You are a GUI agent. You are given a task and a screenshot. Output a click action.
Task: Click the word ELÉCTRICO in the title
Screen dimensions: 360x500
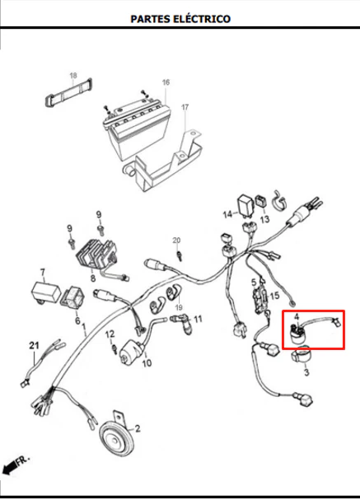[x=202, y=19]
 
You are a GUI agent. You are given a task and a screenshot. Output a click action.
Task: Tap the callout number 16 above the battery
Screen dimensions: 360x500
[x=166, y=82]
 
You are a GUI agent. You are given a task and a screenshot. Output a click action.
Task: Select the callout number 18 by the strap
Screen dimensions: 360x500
[x=73, y=75]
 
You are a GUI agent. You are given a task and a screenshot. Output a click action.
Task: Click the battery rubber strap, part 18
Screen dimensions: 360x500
[x=68, y=92]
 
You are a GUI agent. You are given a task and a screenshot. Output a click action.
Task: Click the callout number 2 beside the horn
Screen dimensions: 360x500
[x=138, y=428]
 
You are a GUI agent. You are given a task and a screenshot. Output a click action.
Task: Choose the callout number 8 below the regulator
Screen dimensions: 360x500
[x=93, y=278]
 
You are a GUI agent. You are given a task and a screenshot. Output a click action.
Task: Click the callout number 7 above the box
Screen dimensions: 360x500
[x=43, y=273]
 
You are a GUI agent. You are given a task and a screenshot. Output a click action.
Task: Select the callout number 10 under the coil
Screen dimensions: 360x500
[x=147, y=363]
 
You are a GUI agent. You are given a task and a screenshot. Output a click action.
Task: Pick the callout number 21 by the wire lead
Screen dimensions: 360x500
[x=34, y=345]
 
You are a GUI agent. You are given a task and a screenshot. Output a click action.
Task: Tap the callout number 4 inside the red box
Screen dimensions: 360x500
[x=297, y=317]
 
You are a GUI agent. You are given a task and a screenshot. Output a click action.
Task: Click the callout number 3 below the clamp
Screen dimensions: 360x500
[x=306, y=372]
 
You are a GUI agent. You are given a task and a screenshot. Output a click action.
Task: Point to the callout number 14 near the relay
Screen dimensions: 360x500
[x=227, y=214]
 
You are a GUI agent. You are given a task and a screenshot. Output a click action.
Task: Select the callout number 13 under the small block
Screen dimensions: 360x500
[x=264, y=219]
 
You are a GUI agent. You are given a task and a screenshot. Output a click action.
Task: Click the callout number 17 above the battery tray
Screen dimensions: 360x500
[x=185, y=107]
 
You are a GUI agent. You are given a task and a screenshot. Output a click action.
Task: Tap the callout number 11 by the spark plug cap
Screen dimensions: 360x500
[x=198, y=319]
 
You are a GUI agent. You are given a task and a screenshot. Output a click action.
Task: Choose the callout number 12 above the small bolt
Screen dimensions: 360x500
[x=110, y=334]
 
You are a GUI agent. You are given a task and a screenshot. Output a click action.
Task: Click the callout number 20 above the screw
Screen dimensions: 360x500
[x=176, y=240]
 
